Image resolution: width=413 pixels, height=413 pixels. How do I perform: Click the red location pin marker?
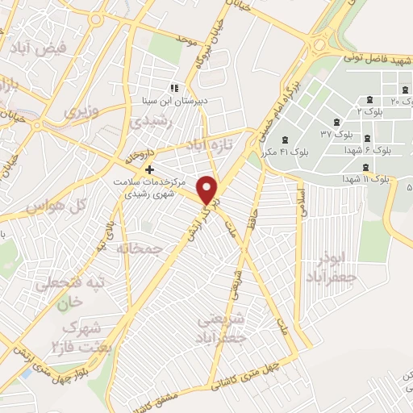coord(208,190)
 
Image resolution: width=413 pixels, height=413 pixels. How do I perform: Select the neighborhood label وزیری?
coord(82,111)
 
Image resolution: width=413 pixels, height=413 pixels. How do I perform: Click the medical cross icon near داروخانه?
coord(148,170)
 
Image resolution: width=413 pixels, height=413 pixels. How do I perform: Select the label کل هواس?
coord(56,207)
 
